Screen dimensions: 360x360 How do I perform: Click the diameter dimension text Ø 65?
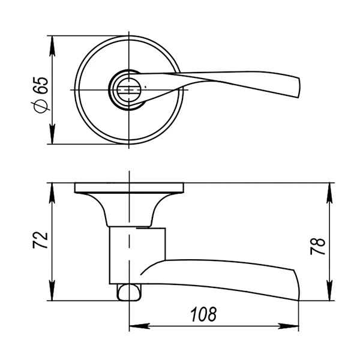tap(41, 95)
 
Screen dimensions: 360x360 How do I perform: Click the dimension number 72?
tap(40, 241)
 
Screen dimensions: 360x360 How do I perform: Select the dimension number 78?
tap(318, 247)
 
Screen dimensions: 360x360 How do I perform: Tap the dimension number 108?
tap(203, 314)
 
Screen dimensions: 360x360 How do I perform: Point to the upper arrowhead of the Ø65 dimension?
tap(52, 46)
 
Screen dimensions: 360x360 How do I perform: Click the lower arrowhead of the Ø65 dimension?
tap(52, 134)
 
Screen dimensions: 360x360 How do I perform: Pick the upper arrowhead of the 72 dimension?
tap(52, 193)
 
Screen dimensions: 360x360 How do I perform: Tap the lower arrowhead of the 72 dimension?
tap(52, 290)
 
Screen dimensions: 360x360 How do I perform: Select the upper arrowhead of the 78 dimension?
tap(329, 193)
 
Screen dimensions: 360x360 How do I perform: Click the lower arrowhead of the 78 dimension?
tap(329, 290)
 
